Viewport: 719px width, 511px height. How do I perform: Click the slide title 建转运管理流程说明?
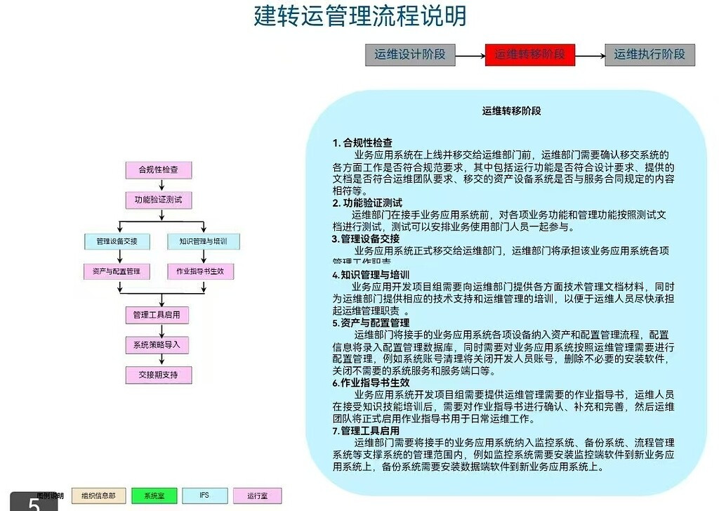pyautogui.click(x=359, y=16)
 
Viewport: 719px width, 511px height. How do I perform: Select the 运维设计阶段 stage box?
pyautogui.click(x=410, y=55)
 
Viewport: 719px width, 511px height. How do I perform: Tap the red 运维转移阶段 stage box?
pyautogui.click(x=530, y=55)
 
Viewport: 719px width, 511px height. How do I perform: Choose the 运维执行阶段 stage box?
pyautogui.click(x=649, y=55)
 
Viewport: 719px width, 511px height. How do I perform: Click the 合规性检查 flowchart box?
pyautogui.click(x=158, y=170)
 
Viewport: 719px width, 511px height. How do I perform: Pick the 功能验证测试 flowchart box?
pyautogui.click(x=158, y=200)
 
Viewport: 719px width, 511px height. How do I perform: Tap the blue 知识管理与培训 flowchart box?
pyautogui.click(x=204, y=242)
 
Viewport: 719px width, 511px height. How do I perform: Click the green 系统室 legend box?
pyautogui.click(x=154, y=496)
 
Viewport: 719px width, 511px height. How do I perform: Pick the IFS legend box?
pyautogui.click(x=204, y=496)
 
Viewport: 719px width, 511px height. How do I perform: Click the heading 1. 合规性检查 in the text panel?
pyautogui.click(x=362, y=143)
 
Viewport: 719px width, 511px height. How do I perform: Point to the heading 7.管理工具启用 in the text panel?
pyautogui.click(x=366, y=430)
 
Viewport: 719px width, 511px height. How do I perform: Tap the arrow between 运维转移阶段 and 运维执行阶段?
pyautogui.click(x=590, y=55)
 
